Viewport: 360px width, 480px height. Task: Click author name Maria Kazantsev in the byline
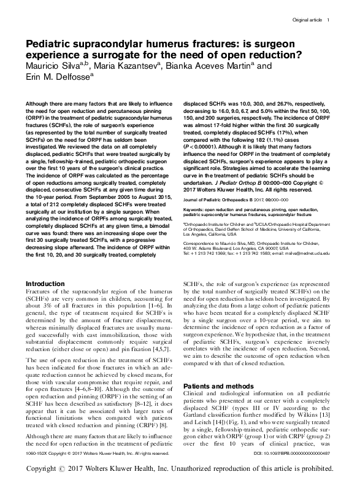[x=132, y=65]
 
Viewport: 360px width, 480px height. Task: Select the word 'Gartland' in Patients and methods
[x=199, y=417]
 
